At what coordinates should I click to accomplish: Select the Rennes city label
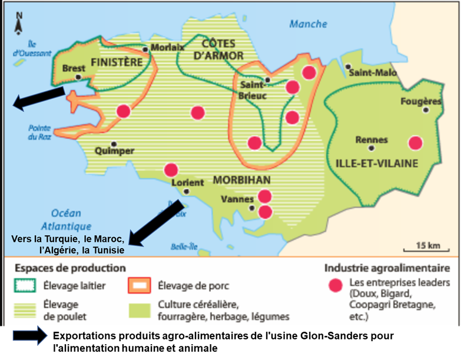coord(372,140)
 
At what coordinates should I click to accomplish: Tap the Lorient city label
coord(187,182)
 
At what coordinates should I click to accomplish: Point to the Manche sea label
coord(308,24)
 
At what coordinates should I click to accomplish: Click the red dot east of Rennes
coord(416,143)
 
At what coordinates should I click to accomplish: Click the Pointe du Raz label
coord(39,133)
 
